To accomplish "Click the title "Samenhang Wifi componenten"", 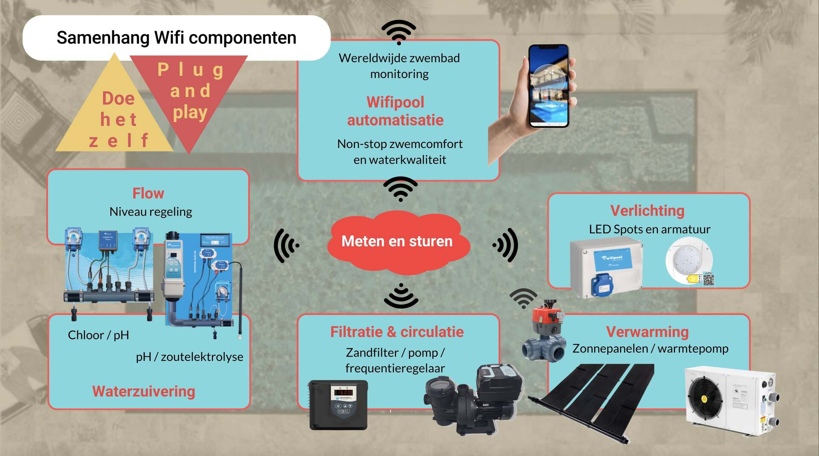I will pyautogui.click(x=176, y=38).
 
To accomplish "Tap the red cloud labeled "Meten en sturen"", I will pyautogui.click(x=397, y=242).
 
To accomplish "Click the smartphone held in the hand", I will pyautogui.click(x=549, y=86).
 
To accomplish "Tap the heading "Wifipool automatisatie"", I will pyautogui.click(x=395, y=111).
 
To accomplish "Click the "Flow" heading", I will pyautogui.click(x=148, y=193).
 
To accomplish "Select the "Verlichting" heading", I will pyautogui.click(x=647, y=211).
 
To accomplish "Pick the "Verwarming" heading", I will pyautogui.click(x=647, y=332).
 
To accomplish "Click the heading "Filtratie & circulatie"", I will pyautogui.click(x=397, y=332).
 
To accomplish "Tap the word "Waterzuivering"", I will pyautogui.click(x=144, y=392).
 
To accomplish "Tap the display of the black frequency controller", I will pyautogui.click(x=343, y=392).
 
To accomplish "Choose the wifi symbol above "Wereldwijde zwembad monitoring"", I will pyautogui.click(x=398, y=32).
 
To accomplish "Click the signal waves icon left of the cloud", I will pyautogui.click(x=286, y=245).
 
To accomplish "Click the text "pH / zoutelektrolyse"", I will pyautogui.click(x=189, y=357).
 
